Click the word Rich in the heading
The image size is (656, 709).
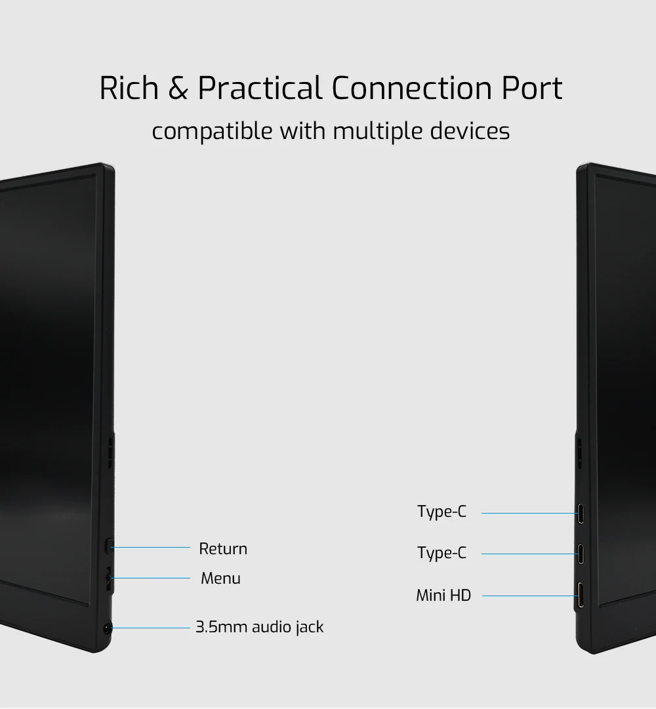click(x=129, y=89)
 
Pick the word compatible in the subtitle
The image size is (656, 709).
click(x=212, y=131)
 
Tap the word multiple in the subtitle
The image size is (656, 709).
click(x=377, y=131)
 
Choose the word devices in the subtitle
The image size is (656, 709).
click(x=470, y=131)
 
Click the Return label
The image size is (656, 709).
click(x=223, y=549)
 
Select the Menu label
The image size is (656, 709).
click(x=220, y=578)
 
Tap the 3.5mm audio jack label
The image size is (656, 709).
click(x=260, y=627)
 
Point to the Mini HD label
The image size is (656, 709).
click(x=443, y=596)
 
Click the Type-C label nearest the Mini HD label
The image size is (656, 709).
click(x=441, y=554)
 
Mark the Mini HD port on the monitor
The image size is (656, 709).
click(x=581, y=596)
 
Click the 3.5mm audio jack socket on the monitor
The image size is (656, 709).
click(x=107, y=628)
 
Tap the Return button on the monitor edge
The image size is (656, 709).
click(x=110, y=544)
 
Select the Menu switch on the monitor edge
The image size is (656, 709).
click(x=109, y=578)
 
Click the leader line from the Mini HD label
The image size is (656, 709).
click(x=528, y=596)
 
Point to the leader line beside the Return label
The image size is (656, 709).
click(x=151, y=547)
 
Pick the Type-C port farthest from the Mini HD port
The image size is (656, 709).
click(x=581, y=513)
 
